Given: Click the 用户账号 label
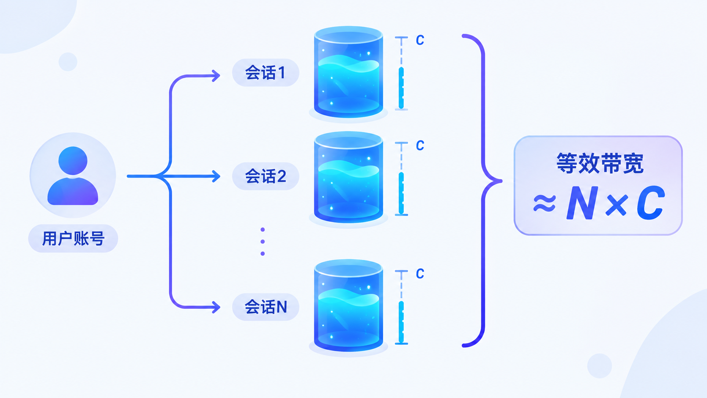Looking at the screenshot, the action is point(73,238).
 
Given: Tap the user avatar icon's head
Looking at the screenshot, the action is point(73,160).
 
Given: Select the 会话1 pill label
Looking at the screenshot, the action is point(266,73).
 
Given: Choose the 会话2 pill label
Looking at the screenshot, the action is point(266,176).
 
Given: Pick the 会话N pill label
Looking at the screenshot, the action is point(266,307).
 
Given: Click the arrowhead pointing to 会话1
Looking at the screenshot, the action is point(216,76).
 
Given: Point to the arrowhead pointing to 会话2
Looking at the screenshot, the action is point(216,176).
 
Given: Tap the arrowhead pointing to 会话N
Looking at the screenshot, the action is point(216,307).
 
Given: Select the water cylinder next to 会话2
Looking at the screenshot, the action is point(348,177).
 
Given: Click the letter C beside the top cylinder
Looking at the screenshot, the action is point(420,40).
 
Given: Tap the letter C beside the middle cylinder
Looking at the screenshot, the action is point(420,145).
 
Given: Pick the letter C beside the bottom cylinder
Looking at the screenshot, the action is point(420,274).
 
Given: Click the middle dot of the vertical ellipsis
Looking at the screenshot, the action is point(263,242).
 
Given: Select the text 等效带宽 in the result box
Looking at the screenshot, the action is point(600,164).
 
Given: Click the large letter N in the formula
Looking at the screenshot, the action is point(582,203).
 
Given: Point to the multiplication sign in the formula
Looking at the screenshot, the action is point(617,205).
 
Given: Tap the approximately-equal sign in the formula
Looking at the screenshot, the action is point(545,203).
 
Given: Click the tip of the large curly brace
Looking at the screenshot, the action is point(501,181).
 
